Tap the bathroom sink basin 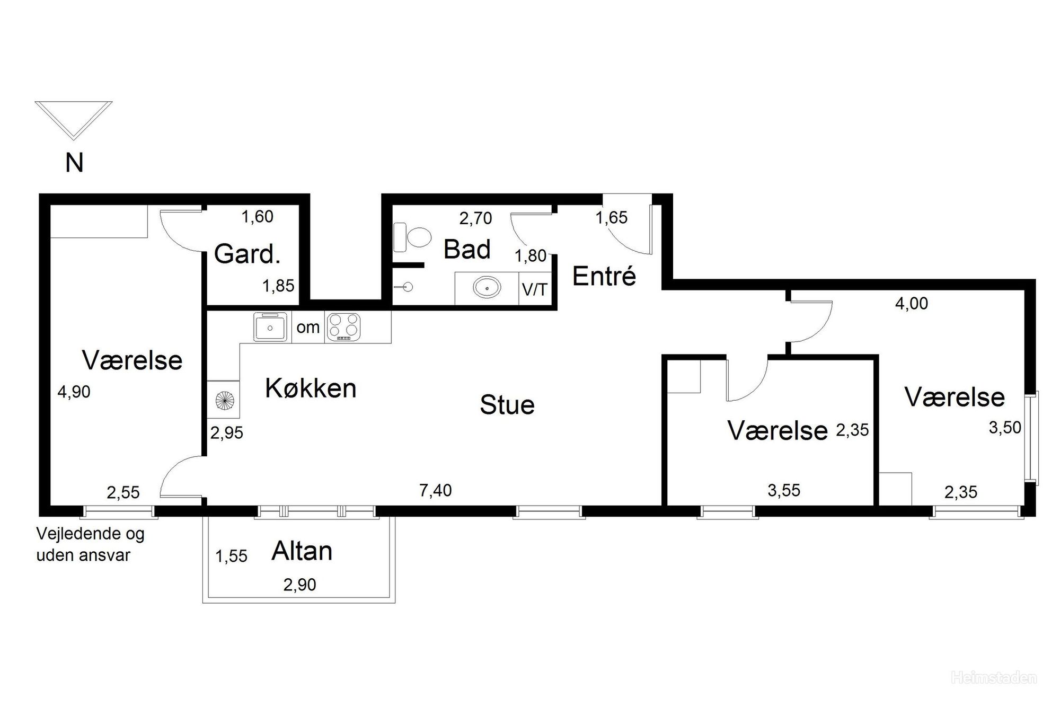(x=487, y=288)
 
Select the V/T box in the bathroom (x=535, y=289)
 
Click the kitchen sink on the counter (x=270, y=327)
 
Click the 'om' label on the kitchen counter (x=308, y=328)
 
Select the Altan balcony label (x=302, y=551)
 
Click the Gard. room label (x=247, y=254)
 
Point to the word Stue (x=507, y=405)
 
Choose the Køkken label (x=311, y=388)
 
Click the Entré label (x=604, y=276)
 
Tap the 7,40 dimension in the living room (x=436, y=491)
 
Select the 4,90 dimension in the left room (x=74, y=392)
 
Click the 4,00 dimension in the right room (x=912, y=304)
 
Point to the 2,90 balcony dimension (x=300, y=585)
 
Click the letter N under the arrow (x=74, y=163)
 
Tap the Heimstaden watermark (x=994, y=692)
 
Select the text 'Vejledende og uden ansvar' (x=90, y=545)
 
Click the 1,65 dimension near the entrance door (x=612, y=218)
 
